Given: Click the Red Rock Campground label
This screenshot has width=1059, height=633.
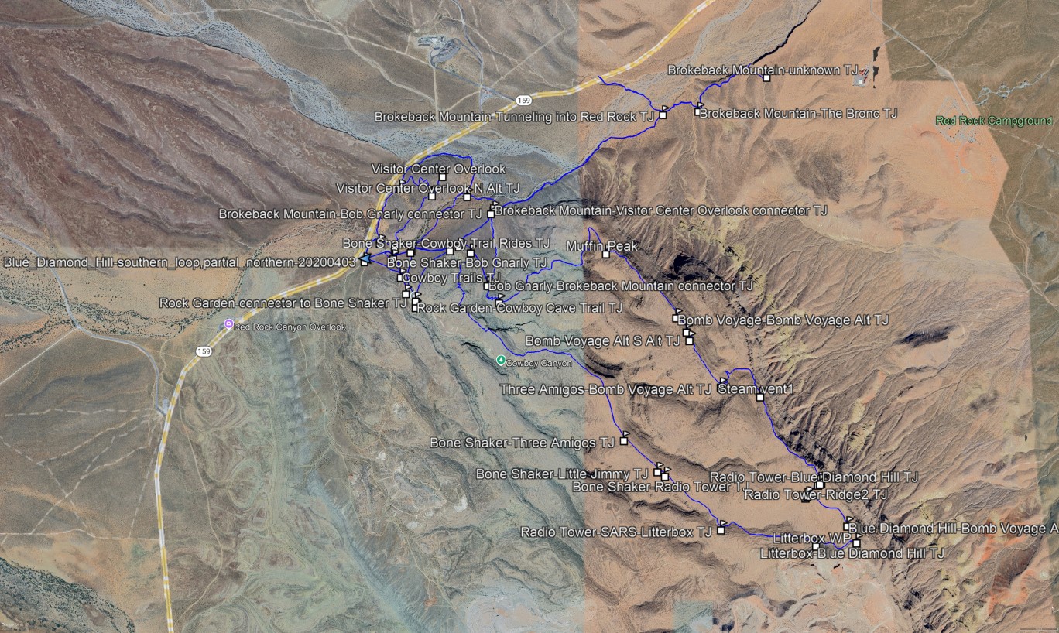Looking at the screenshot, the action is [993, 121].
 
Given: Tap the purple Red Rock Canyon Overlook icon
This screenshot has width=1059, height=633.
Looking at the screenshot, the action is [228, 324].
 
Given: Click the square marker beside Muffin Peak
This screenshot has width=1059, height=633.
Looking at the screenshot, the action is [606, 255].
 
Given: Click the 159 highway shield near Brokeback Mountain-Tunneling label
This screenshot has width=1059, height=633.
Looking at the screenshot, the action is [524, 101].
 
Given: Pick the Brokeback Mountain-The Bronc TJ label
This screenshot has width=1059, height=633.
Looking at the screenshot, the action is [797, 114].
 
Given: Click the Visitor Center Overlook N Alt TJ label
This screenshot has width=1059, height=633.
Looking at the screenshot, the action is [427, 188].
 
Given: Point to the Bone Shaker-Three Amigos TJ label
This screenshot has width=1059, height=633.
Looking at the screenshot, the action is [521, 443].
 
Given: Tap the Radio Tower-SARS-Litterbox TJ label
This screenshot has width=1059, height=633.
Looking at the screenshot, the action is [615, 532].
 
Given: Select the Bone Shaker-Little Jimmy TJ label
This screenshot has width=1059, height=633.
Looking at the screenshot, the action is [561, 474].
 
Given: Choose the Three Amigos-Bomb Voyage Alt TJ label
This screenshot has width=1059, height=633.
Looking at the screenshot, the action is [605, 389].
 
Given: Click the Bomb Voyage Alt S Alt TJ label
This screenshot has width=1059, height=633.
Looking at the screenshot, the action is [602, 340].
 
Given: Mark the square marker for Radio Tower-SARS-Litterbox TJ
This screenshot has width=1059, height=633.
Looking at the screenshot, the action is [721, 531].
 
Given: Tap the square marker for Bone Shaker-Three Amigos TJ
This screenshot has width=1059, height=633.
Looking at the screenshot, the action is [623, 441].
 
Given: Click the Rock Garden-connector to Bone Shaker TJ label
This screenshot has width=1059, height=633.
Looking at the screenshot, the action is [283, 303].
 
